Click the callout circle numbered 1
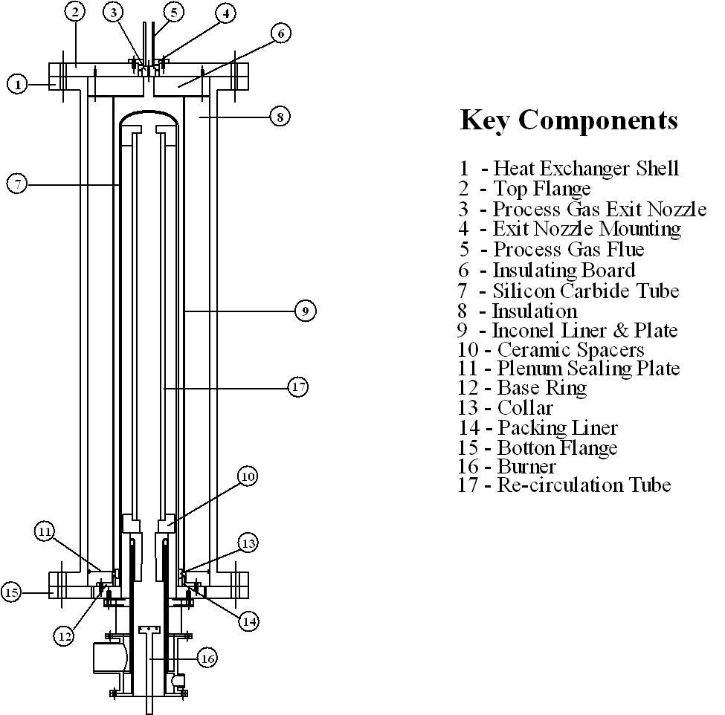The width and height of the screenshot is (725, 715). pyautogui.click(x=18, y=84)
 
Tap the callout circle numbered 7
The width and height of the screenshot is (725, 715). pyautogui.click(x=18, y=183)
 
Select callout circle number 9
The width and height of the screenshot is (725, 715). pyautogui.click(x=306, y=311)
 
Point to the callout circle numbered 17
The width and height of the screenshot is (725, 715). pyautogui.click(x=297, y=386)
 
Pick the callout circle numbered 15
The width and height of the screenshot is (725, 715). pyautogui.click(x=11, y=592)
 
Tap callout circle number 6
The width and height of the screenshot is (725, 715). pyautogui.click(x=280, y=33)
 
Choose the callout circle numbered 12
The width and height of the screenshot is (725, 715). pyautogui.click(x=64, y=635)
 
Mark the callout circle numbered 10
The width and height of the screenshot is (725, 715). pyautogui.click(x=248, y=475)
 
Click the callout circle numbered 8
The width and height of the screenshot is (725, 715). pyautogui.click(x=279, y=116)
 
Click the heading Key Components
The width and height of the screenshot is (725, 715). pyautogui.click(x=569, y=120)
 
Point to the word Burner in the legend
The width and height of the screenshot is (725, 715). pyautogui.click(x=527, y=467)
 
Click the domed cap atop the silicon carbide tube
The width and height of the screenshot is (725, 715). pyautogui.click(x=149, y=116)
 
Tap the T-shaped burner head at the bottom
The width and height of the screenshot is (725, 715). pyautogui.click(x=149, y=630)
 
